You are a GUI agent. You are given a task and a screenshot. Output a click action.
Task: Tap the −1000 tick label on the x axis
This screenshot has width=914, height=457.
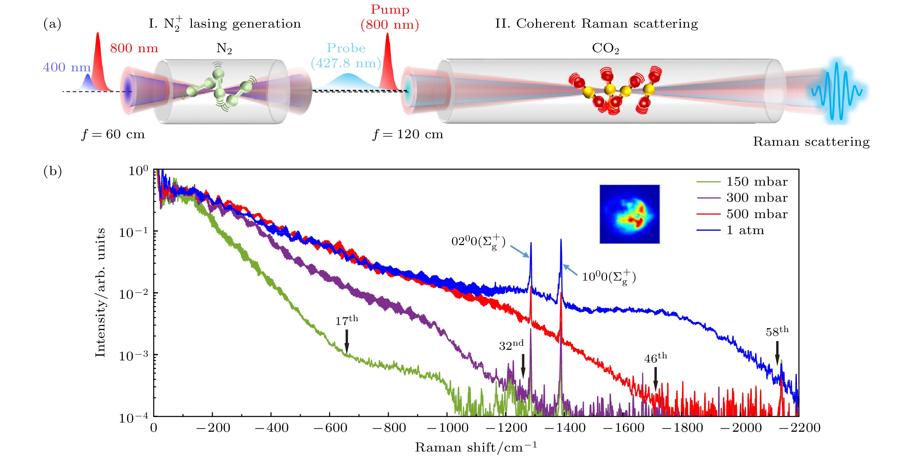coord(447,428)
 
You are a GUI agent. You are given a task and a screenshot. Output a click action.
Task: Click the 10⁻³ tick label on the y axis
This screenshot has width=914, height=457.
coord(133,356)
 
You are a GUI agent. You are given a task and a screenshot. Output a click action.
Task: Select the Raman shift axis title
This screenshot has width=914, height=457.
coord(476,447)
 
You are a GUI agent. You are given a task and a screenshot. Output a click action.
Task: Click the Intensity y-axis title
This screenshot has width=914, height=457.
coord(100,293)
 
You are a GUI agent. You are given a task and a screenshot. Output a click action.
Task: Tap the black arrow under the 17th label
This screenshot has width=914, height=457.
coord(347,341)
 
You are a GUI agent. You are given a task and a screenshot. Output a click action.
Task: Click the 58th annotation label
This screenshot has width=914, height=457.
coord(777,331)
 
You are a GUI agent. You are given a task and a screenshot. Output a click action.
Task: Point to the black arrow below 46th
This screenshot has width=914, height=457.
coord(656,378)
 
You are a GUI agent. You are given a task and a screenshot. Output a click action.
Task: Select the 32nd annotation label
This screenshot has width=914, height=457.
coord(511,345)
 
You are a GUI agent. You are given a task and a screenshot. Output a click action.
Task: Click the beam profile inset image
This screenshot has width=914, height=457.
coord(630,214)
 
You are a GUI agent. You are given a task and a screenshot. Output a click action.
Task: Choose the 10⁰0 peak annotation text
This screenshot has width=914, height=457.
coord(609,277)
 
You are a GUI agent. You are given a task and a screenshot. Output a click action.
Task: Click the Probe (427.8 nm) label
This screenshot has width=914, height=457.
coord(346,56)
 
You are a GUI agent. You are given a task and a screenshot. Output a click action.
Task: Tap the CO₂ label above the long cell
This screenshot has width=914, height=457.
coord(605,48)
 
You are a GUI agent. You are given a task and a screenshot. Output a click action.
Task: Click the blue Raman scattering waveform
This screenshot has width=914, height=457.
coord(836,91)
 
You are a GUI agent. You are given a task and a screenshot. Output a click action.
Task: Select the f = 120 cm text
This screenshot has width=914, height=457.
coord(408,134)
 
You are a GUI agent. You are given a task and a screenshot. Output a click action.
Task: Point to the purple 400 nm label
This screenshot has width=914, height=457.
coord(67,67)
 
